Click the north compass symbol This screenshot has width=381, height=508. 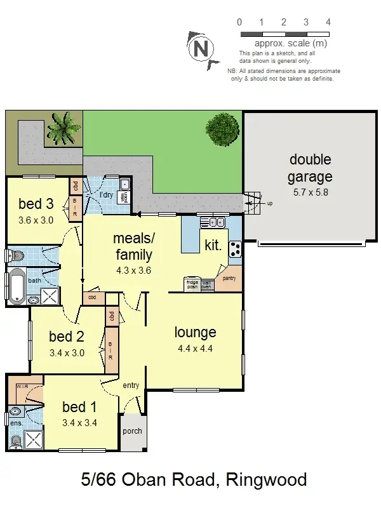pyautogui.click(x=201, y=47)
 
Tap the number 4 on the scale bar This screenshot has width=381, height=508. pyautogui.click(x=328, y=22)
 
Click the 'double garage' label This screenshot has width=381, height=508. pyautogui.click(x=311, y=168)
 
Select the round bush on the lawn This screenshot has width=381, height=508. pyautogui.click(x=222, y=131)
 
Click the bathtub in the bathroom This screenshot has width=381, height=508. pyautogui.click(x=17, y=286)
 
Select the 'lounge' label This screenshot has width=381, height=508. pyautogui.click(x=196, y=332)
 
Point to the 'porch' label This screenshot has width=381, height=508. pyautogui.click(x=132, y=431)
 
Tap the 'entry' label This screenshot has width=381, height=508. pyautogui.click(x=131, y=385)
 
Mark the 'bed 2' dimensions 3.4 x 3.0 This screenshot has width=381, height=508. pyautogui.click(x=67, y=354)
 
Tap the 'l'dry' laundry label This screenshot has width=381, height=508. pyautogui.click(x=106, y=195)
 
